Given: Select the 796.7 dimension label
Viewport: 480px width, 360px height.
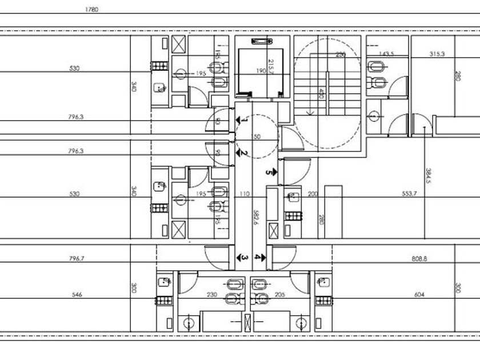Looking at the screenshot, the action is (x=76, y=259).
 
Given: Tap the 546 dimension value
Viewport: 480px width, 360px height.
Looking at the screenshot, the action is (x=77, y=295).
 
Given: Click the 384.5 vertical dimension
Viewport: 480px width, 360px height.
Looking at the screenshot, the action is (x=428, y=175).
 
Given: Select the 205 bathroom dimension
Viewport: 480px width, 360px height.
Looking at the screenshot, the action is (x=280, y=295).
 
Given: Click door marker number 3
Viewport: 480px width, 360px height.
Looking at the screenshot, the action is (x=244, y=258).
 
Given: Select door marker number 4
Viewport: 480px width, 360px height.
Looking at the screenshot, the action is (x=259, y=258).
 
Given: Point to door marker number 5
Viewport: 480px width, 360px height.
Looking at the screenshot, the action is (x=270, y=171).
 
